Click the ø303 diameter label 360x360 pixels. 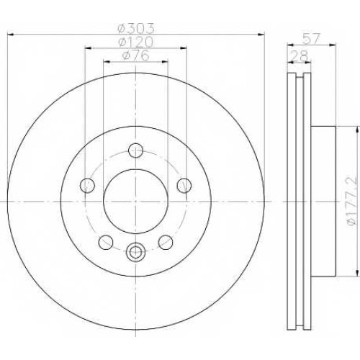click(135, 29)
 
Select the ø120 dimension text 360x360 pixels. click(135, 42)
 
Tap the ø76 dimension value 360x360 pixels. click(135, 55)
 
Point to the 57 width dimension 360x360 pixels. click(311, 39)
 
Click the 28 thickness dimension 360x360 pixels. click(299, 57)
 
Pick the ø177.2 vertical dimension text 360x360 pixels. click(352, 201)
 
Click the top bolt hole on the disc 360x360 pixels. click(136, 150)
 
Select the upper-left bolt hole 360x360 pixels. click(87, 185)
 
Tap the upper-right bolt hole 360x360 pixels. click(184, 185)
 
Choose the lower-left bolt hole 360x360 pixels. click(106, 242)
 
